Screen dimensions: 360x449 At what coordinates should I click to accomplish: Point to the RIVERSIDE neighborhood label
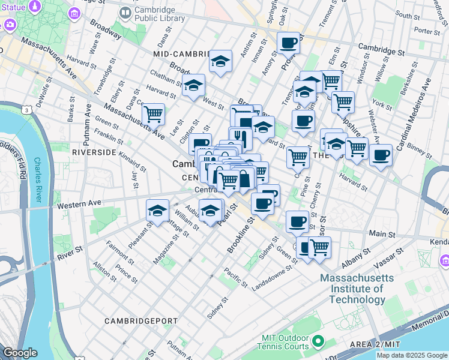(x=94, y=152)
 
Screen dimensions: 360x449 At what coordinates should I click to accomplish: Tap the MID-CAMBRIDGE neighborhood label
(x=180, y=54)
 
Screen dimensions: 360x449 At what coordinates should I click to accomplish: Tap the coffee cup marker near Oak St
(x=289, y=43)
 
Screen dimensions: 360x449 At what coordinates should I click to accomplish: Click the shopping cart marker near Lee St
(x=154, y=112)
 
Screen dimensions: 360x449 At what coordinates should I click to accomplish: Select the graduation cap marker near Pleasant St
(x=157, y=211)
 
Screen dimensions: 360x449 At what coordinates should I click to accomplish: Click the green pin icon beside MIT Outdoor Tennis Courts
(x=316, y=343)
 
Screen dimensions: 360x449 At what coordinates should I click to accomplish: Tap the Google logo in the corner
(x=20, y=353)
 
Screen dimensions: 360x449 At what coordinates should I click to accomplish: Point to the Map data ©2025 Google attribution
(x=412, y=355)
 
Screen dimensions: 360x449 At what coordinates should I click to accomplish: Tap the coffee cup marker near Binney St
(x=381, y=157)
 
